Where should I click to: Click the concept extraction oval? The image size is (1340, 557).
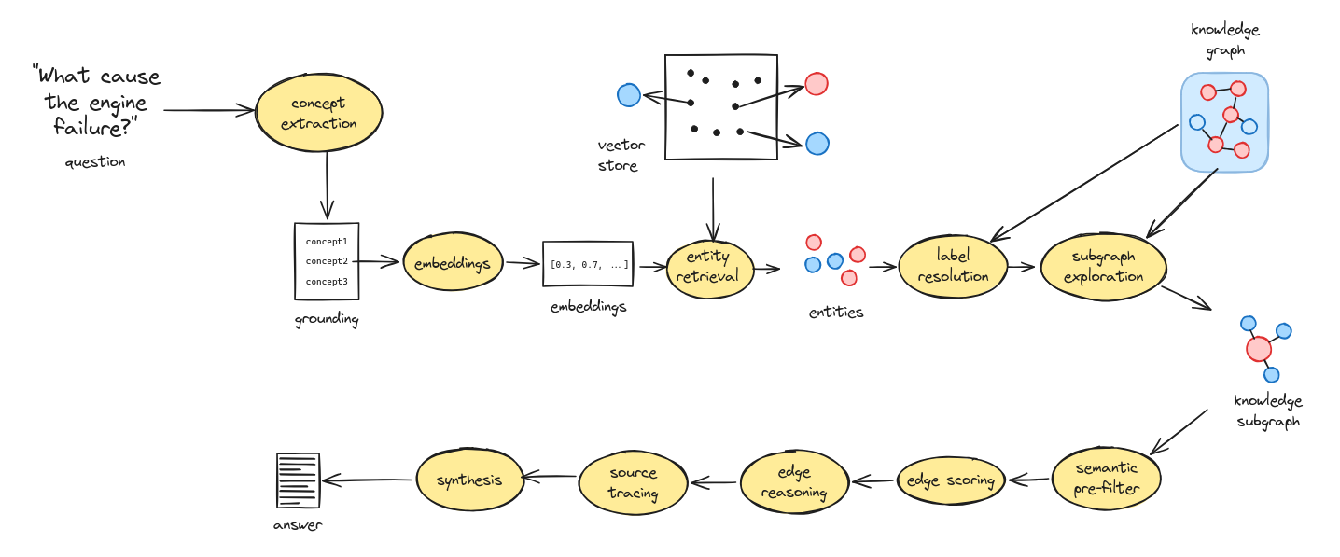click(x=318, y=113)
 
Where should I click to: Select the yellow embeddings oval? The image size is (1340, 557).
click(x=453, y=264)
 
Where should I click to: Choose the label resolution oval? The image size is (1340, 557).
click(x=953, y=267)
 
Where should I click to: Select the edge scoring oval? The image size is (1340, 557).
click(x=951, y=480)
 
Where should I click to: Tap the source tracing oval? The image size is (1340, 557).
click(x=634, y=482)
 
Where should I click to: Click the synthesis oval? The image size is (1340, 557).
click(x=468, y=480)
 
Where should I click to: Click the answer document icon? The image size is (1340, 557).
click(x=298, y=480)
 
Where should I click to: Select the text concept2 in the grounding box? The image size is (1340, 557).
click(x=327, y=261)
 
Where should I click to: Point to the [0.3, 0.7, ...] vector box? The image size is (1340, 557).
click(x=588, y=265)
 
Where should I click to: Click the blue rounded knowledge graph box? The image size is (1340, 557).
click(x=1224, y=122)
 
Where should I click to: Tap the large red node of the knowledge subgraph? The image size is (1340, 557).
click(x=1258, y=349)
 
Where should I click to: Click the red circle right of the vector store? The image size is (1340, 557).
click(x=817, y=84)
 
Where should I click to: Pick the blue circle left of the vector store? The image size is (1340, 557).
click(x=629, y=95)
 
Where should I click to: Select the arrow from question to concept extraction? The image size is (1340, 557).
click(x=209, y=110)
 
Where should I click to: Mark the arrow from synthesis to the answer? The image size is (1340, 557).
click(x=368, y=480)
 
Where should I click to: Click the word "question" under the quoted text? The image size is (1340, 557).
click(x=94, y=162)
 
